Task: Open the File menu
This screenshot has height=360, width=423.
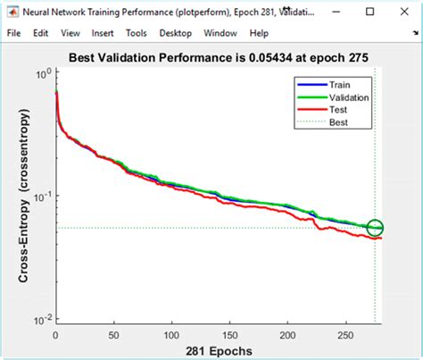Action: (14, 32)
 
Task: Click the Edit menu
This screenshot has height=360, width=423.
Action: (42, 32)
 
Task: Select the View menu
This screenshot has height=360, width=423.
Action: (70, 32)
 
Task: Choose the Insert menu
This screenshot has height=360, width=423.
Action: (102, 32)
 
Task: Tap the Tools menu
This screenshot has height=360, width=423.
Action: (137, 32)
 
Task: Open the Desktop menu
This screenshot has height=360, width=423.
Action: (176, 32)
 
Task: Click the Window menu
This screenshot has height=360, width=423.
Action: (220, 32)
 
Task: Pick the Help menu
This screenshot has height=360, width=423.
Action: (259, 32)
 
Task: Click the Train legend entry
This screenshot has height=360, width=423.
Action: (339, 85)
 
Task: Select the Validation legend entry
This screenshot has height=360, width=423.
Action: (348, 97)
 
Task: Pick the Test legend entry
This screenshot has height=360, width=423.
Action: (337, 109)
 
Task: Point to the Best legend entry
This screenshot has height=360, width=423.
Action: (337, 121)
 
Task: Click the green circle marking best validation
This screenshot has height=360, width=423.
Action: (375, 228)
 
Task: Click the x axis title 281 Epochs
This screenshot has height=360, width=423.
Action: (217, 350)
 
